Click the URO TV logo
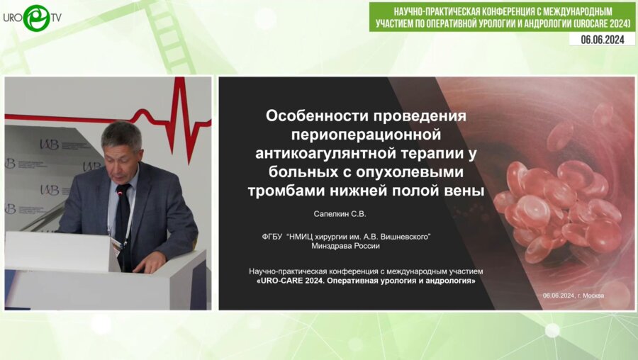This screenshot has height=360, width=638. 32,18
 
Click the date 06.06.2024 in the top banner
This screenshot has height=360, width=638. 601,40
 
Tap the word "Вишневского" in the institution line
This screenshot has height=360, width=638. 403,236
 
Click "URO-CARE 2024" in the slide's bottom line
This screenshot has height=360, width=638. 295,281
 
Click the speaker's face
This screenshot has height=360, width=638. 122,149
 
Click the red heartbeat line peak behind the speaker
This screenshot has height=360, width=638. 179,92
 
